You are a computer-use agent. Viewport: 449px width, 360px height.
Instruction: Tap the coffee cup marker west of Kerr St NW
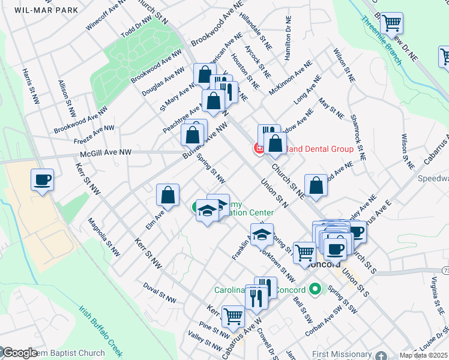[42, 180]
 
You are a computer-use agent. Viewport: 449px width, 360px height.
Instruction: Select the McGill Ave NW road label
[105, 154]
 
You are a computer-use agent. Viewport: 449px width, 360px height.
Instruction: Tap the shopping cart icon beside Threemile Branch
[391, 24]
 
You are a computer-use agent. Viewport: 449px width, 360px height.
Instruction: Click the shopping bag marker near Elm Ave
[167, 195]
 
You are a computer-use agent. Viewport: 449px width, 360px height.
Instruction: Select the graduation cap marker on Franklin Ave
[262, 235]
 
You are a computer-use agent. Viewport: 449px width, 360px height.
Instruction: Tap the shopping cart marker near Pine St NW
[232, 316]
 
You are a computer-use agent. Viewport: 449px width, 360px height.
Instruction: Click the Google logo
[19, 353]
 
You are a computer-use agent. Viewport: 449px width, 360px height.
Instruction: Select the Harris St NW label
[29, 85]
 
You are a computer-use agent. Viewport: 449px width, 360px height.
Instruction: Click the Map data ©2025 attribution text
[423, 356]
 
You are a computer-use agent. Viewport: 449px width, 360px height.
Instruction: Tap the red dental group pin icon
[260, 148]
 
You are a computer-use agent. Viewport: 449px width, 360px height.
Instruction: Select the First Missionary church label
[342, 354]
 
